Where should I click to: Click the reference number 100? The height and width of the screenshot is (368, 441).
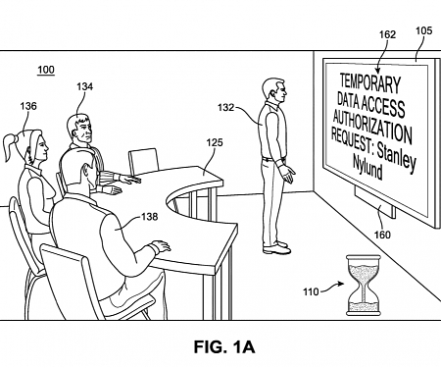point(46,70)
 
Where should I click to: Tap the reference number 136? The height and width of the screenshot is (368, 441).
point(27,106)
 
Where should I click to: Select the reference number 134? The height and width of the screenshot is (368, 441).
point(84,86)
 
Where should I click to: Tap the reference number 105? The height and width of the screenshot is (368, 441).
point(423,30)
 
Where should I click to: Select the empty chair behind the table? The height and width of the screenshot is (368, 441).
point(144,159)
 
